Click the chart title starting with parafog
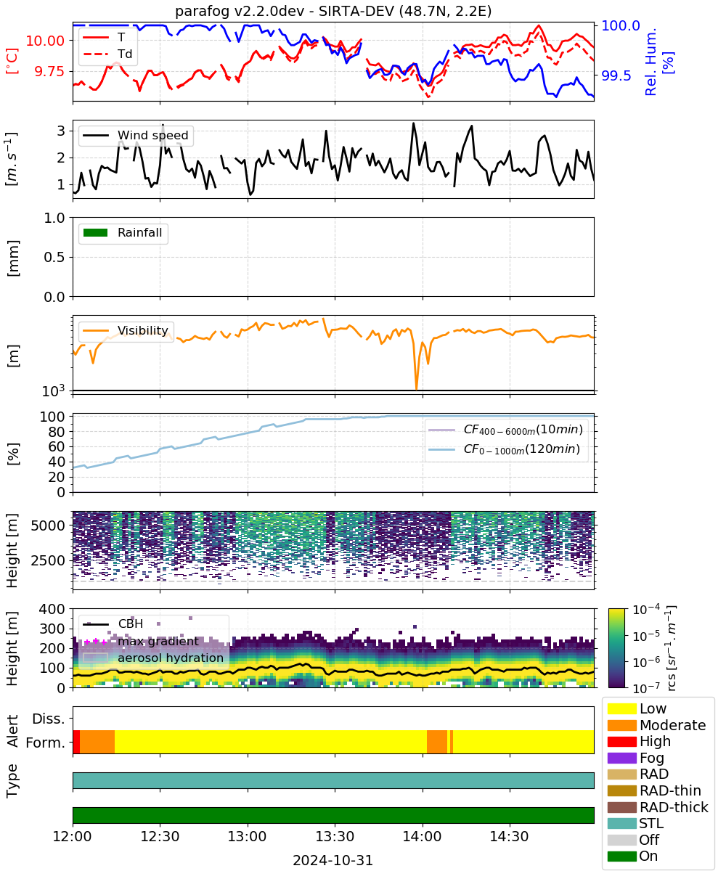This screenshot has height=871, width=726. tap(333, 12)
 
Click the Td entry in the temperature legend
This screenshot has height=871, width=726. tap(107, 54)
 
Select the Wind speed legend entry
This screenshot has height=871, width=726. tap(136, 135)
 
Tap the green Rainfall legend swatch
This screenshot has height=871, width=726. tap(95, 233)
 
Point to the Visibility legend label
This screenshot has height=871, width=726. tap(143, 330)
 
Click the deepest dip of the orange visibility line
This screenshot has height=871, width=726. tap(417, 389)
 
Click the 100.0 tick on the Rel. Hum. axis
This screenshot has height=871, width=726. tap(620, 26)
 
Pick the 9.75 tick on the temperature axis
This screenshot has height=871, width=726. tap(49, 72)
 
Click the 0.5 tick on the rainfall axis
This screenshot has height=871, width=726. tap(54, 258)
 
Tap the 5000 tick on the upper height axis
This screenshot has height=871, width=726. tap(48, 526)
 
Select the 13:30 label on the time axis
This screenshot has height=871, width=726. tap(335, 836)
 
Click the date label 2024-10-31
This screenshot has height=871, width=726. tap(333, 861)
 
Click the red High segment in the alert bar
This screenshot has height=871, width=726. tap(76, 742)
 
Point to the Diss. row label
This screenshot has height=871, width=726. tap(49, 719)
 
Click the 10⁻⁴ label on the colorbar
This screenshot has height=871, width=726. tap(646, 610)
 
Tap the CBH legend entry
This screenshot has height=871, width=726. tap(113, 623)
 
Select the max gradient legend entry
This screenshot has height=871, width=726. tap(141, 641)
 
